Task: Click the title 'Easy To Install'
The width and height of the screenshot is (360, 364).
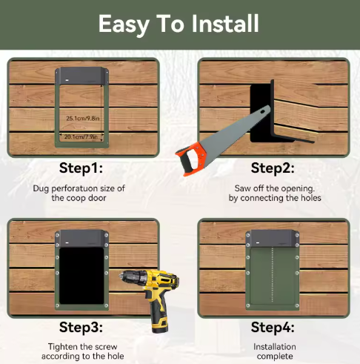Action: tap(179, 24)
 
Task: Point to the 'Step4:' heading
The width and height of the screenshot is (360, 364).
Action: tap(273, 327)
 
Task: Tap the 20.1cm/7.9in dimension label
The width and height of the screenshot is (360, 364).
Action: tap(83, 136)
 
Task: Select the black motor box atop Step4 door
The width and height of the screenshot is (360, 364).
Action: tap(274, 239)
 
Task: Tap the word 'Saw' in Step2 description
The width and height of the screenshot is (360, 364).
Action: tap(244, 188)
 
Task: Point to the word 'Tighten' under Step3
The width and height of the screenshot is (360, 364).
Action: tap(65, 346)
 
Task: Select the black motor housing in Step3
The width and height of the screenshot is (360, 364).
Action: tap(82, 239)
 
